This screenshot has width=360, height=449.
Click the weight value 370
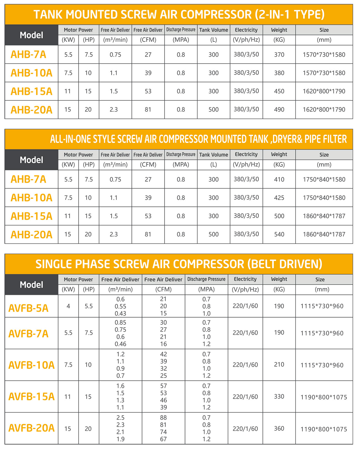coord(279,55)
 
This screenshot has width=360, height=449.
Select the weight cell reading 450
coord(279,91)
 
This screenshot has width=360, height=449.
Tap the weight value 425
coord(279,198)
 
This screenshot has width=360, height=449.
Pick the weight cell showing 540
coord(279,234)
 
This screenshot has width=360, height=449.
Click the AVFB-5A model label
coord(29,308)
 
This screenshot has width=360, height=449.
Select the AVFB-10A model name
coord(32,365)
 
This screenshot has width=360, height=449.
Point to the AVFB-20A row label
coord(32,428)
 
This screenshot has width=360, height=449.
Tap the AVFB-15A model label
coord(32,396)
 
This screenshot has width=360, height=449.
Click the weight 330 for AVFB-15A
coord(279,396)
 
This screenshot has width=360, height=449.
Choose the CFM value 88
coord(163,417)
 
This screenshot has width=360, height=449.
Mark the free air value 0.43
coord(120,313)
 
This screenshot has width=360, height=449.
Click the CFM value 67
coord(163,439)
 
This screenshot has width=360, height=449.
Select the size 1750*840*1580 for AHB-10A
coord(324,198)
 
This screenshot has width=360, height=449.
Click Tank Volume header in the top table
coord(214,30)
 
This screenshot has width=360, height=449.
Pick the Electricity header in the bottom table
coord(245,279)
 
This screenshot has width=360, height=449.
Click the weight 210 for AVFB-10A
coord(279,365)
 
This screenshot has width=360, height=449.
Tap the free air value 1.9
coord(120,439)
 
